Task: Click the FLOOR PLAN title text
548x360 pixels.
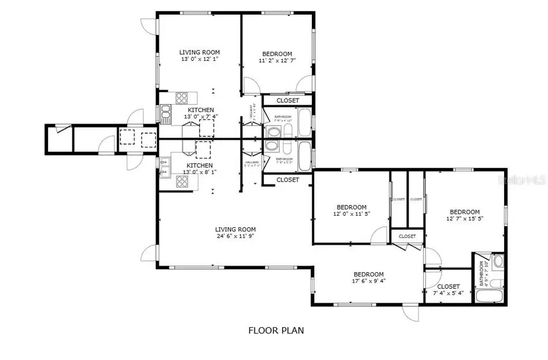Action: (276, 331)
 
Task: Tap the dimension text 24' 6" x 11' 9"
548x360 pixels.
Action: (234, 236)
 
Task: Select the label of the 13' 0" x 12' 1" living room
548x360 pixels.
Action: (199, 52)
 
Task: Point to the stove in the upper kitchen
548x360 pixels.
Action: (181, 97)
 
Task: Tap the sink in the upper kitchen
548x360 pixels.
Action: (166, 111)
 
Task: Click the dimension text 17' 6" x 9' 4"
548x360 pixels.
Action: (368, 280)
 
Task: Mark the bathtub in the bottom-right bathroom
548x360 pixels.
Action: (491, 297)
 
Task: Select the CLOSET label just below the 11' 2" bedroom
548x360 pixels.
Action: (287, 101)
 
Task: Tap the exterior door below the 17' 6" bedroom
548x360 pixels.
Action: (410, 311)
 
